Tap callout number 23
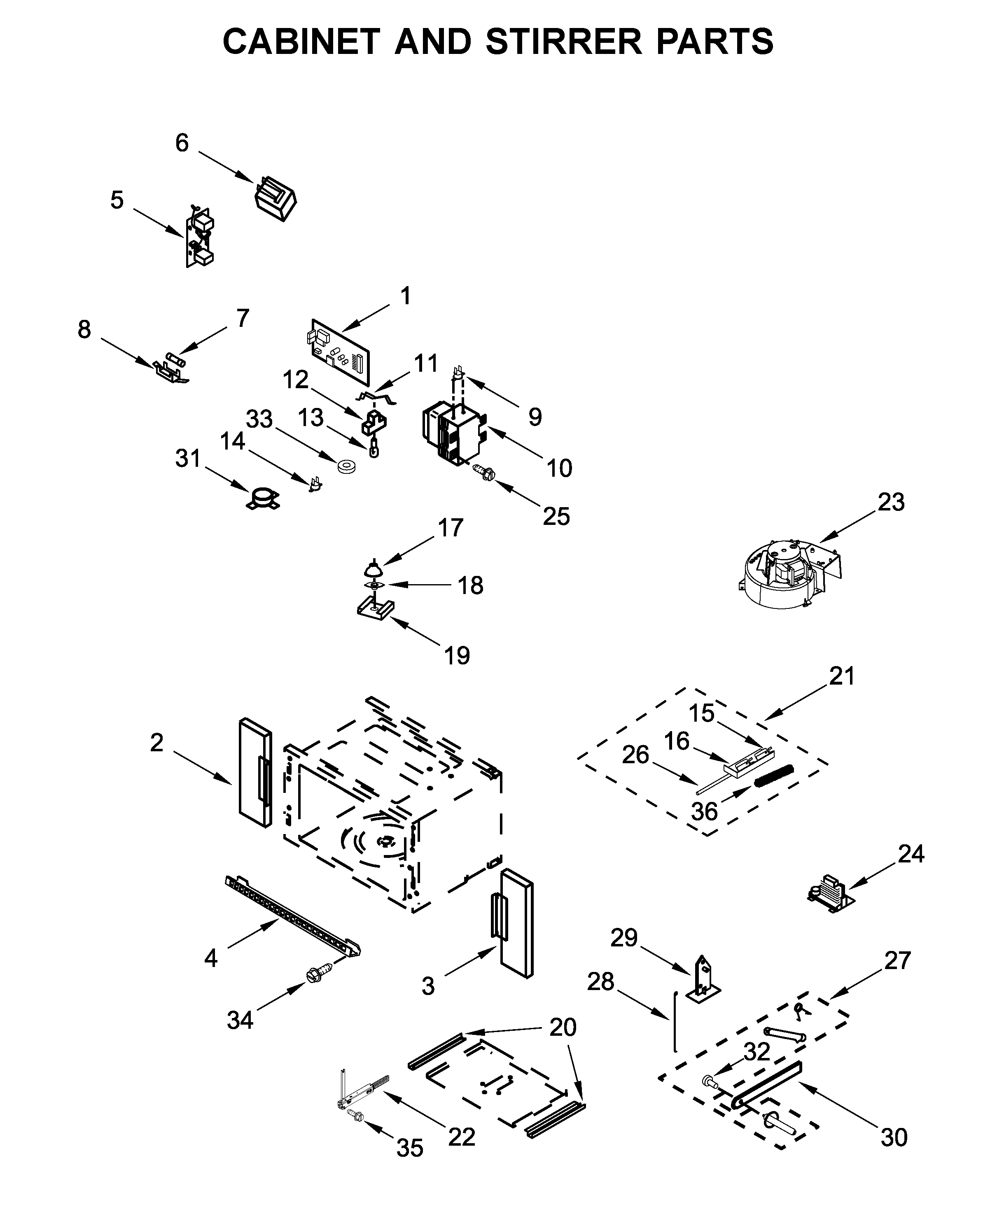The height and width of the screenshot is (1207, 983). [x=891, y=502]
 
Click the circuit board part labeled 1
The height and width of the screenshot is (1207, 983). [x=340, y=352]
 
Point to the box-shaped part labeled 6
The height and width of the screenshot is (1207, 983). [x=275, y=199]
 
